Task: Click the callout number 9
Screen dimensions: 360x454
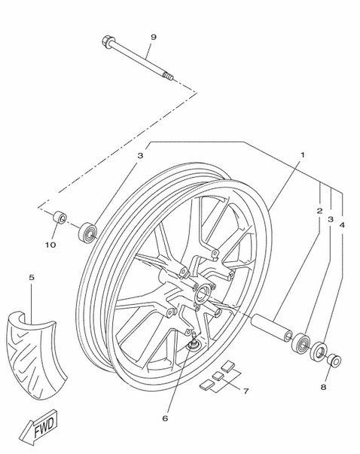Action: pyautogui.click(x=154, y=37)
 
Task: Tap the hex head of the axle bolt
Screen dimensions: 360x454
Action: pyautogui.click(x=107, y=41)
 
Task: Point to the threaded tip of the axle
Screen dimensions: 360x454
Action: pyautogui.click(x=168, y=75)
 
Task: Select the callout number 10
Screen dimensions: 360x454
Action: pyautogui.click(x=50, y=245)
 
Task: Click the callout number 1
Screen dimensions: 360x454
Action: pyautogui.click(x=302, y=155)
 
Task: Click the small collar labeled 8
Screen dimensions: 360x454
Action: pyautogui.click(x=334, y=360)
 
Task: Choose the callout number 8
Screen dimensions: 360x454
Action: pyautogui.click(x=323, y=387)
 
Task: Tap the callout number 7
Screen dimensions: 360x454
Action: pyautogui.click(x=246, y=392)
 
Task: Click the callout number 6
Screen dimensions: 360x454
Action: pyautogui.click(x=165, y=419)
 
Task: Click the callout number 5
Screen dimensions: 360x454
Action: pyautogui.click(x=32, y=277)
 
